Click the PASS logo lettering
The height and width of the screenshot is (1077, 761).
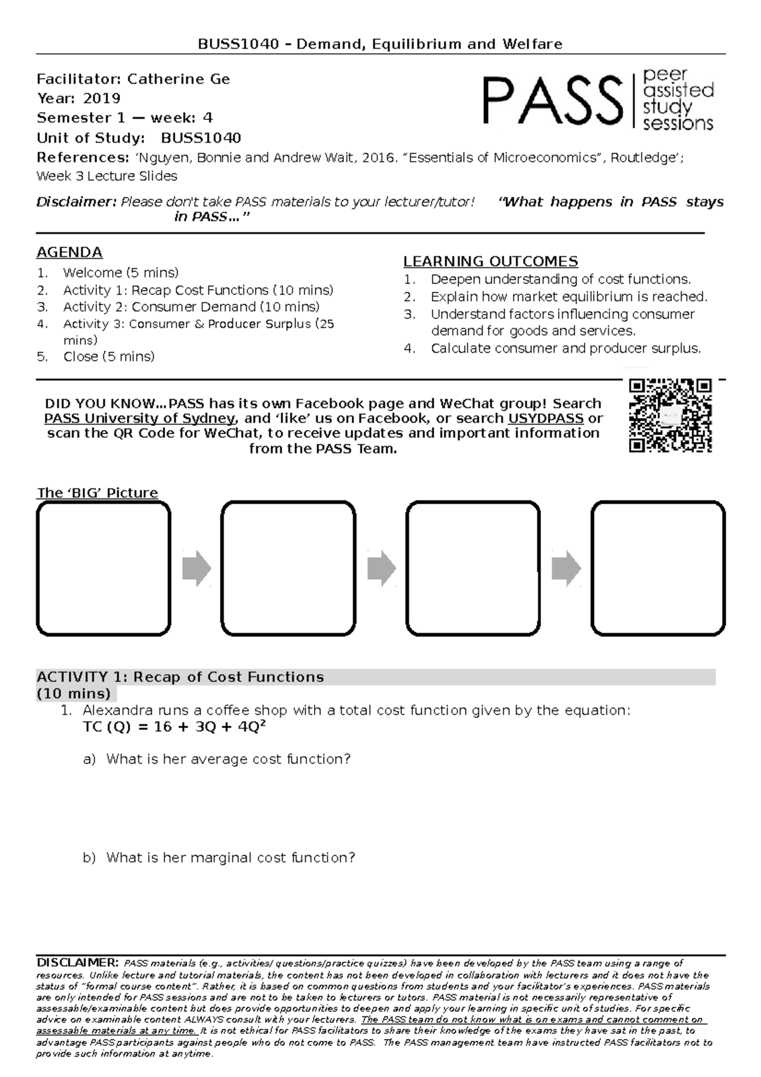[552, 100]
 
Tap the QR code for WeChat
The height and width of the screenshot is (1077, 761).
[670, 415]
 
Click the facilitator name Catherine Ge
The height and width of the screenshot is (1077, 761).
[178, 79]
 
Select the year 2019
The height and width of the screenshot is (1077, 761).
[101, 98]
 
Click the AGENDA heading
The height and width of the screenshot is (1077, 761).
[69, 252]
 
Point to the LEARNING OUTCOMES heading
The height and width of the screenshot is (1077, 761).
[490, 261]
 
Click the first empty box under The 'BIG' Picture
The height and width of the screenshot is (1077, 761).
[103, 568]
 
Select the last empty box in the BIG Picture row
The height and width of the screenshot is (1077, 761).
[658, 568]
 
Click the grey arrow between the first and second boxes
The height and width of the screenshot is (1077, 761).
[196, 568]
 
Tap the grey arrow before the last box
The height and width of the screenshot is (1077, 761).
[566, 568]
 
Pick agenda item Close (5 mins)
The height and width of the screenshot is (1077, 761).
[108, 356]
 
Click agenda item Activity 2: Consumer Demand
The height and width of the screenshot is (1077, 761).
[191, 307]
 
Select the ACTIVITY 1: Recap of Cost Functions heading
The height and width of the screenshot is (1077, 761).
[181, 677]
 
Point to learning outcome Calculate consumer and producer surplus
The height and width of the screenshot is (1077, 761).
[566, 348]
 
